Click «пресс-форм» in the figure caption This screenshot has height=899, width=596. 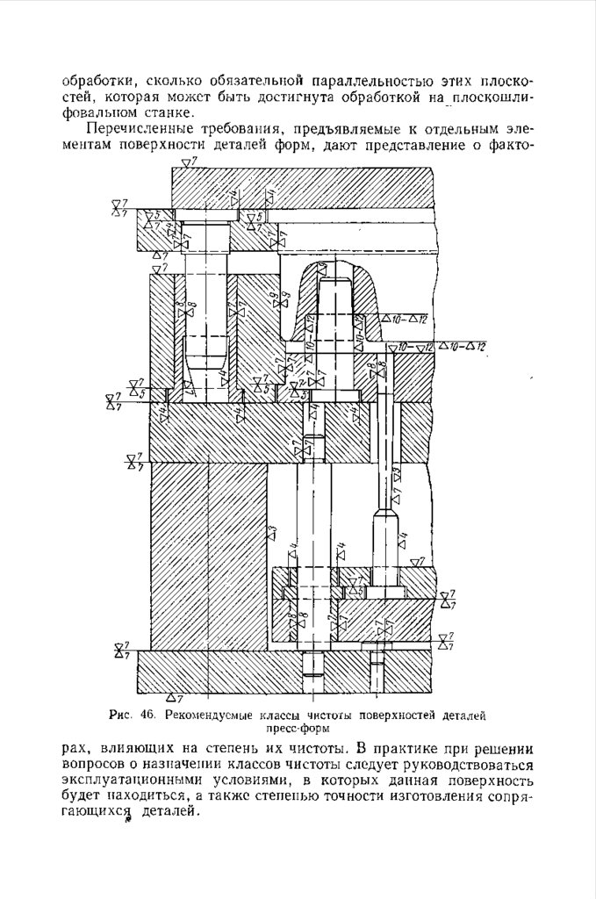coord(298,728)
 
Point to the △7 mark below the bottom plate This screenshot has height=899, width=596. coord(174,699)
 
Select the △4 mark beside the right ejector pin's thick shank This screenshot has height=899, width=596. coord(403,539)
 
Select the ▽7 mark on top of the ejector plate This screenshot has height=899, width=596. coord(420,560)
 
